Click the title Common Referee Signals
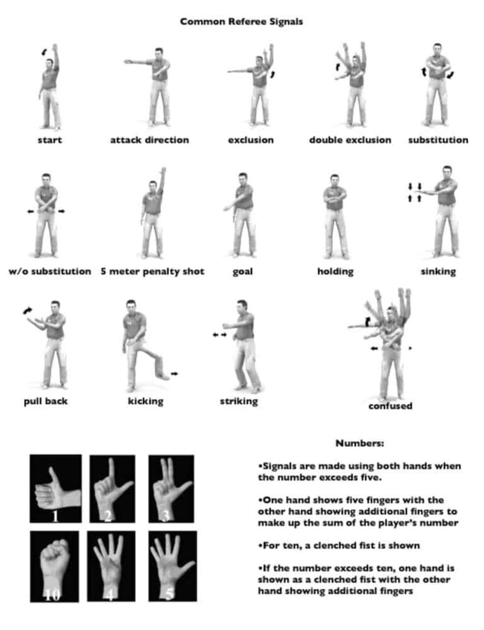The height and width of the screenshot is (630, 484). coord(241,21)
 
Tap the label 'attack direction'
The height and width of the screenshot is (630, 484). coord(149,140)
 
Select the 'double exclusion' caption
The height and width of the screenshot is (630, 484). coord(350,140)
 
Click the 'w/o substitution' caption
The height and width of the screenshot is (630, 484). coord(50,272)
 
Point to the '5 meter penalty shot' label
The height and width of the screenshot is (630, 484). coord(153,272)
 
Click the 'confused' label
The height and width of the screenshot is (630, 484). coord(390,406)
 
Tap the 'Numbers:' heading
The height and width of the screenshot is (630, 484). coord(360,444)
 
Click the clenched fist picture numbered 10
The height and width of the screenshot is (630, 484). coord(54,566)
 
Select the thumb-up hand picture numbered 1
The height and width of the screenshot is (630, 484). coord(55,489)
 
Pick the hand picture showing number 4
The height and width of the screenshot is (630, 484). coord(110,566)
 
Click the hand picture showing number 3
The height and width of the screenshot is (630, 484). coord(171,489)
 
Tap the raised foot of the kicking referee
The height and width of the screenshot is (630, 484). coord(163,376)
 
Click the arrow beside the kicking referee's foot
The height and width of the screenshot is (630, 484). coord(175,374)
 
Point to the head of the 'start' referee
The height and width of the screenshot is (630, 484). coord(49,64)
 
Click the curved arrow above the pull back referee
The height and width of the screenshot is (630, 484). coord(27,311)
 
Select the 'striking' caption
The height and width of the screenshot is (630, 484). coord(239,401)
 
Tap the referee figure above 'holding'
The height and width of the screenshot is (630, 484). coord(335,217)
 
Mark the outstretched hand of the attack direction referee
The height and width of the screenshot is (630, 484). coord(128,62)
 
